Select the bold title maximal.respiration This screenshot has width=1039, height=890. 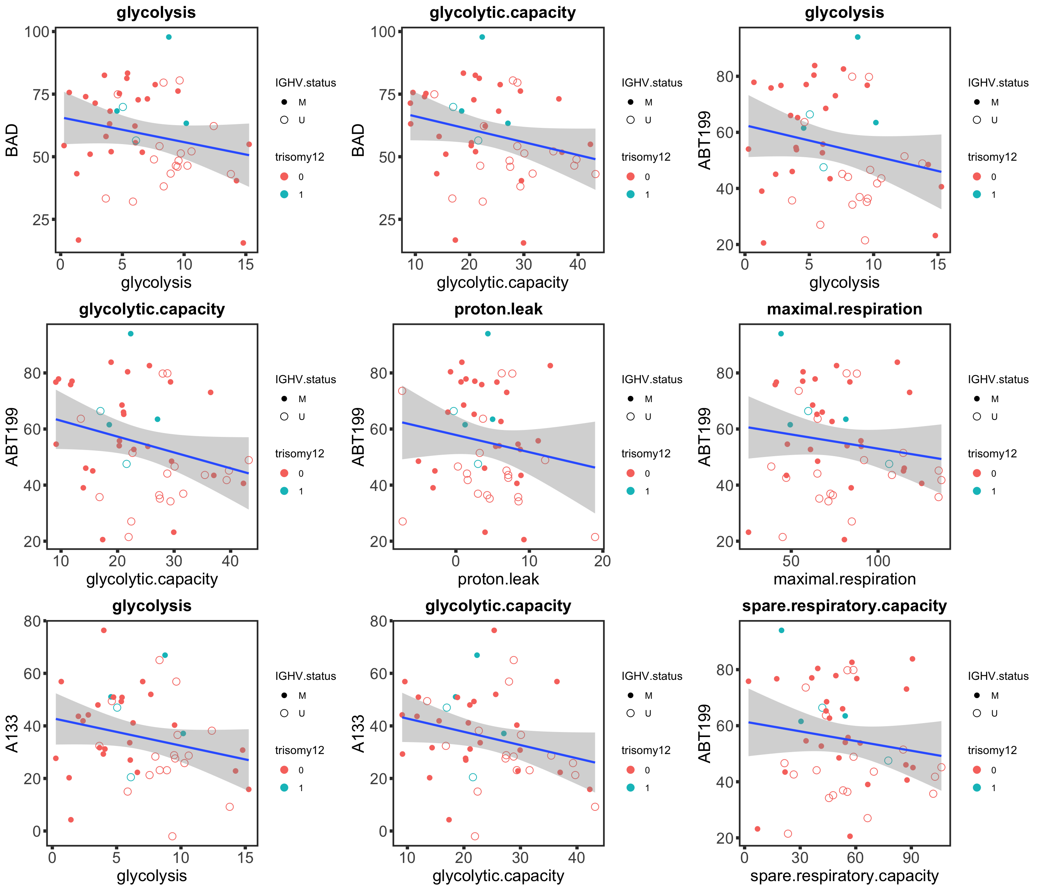845,309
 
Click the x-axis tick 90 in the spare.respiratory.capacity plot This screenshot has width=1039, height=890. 911,858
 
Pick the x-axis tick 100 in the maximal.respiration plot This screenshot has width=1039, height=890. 878,561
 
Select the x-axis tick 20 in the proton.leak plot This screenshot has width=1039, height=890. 602,561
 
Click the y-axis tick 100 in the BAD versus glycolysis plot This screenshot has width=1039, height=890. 37,32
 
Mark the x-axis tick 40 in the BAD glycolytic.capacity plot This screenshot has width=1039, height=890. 577,264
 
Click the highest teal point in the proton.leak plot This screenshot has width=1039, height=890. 487,334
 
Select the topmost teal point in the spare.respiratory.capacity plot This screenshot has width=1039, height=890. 781,630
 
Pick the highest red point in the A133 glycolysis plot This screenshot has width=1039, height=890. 104,630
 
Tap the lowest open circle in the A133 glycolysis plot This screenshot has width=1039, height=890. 172,836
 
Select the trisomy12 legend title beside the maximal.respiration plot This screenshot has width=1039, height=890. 992,453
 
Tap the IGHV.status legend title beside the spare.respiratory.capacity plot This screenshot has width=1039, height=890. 998,676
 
